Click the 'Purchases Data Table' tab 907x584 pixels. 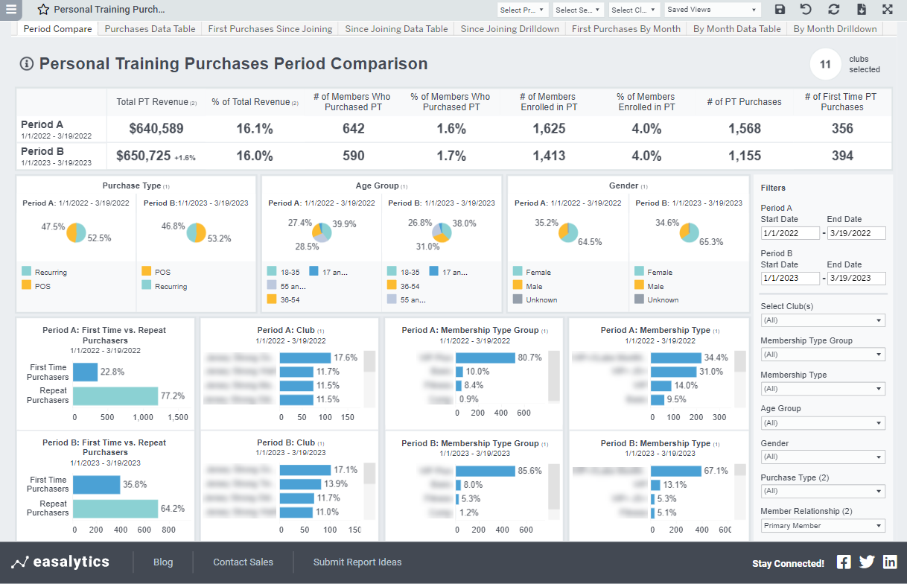[x=150, y=29]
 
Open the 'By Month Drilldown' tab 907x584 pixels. [x=835, y=29]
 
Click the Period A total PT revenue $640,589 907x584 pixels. [x=156, y=128]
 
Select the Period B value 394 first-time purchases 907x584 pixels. [x=841, y=156]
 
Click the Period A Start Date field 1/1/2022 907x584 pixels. [x=790, y=233]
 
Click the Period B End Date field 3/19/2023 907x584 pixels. [x=856, y=279]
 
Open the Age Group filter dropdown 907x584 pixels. [x=823, y=423]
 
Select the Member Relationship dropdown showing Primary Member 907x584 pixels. [x=823, y=526]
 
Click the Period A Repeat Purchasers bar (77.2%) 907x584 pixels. [x=115, y=396]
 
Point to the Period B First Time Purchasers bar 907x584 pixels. [x=97, y=484]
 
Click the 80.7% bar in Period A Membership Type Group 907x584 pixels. [x=485, y=358]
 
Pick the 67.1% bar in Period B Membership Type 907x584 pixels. [x=675, y=471]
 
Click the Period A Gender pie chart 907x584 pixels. [x=568, y=232]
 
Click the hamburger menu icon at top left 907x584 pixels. [x=11, y=10]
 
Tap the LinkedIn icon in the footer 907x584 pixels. [x=890, y=562]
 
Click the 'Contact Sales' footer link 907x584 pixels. [x=243, y=562]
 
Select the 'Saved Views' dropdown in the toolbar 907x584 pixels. [x=712, y=10]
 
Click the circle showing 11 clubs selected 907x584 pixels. [x=825, y=65]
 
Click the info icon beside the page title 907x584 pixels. [x=27, y=64]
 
